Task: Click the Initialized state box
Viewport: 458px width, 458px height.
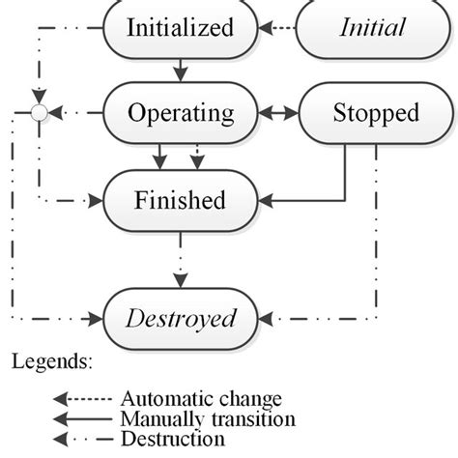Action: (x=181, y=27)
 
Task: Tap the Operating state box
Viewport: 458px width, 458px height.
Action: (x=181, y=113)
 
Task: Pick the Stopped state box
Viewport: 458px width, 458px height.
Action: (x=362, y=113)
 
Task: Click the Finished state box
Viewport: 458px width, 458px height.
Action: (x=181, y=200)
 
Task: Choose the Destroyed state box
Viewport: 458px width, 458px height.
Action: (x=181, y=317)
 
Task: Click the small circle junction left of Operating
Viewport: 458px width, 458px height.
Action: (x=38, y=113)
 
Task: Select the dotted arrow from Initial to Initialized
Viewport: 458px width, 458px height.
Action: (x=278, y=27)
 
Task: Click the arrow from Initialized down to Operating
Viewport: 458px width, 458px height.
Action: (x=181, y=70)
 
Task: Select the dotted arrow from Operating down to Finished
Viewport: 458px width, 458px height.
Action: (x=198, y=157)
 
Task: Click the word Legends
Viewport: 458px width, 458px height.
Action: (x=52, y=362)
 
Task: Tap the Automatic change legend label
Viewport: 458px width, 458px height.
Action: (x=200, y=398)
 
